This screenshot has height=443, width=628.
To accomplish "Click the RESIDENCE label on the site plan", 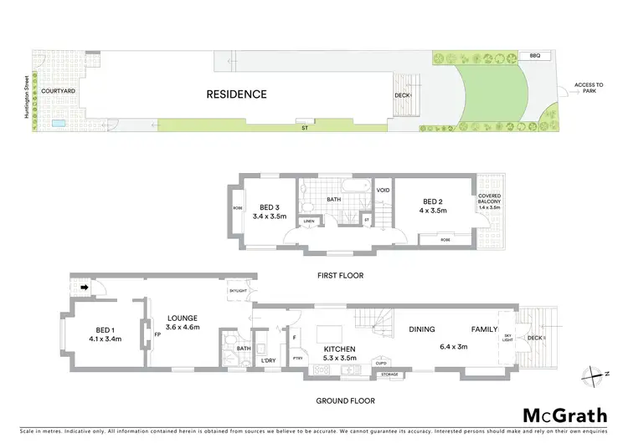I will coord(236,94).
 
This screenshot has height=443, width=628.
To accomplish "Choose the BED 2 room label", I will coord(431,206).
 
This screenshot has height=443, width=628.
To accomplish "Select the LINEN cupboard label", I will coord(309,221).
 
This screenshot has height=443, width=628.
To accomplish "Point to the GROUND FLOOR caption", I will coord(342,400).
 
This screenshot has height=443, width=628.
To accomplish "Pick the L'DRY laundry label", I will coord(268,360).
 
